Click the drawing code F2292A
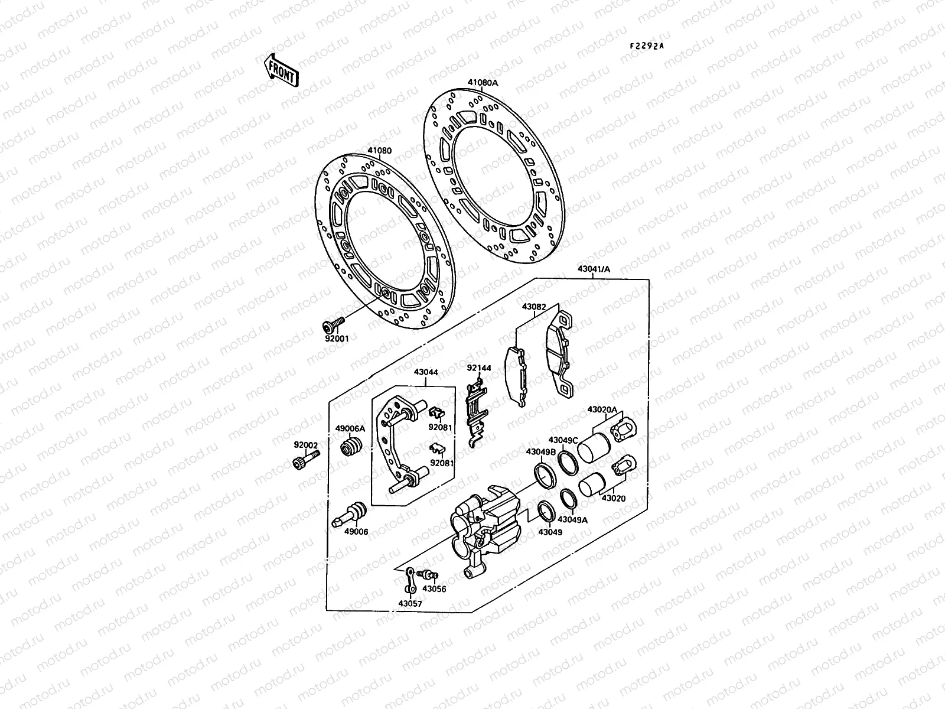[647, 45]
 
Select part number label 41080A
[483, 83]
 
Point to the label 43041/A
[594, 269]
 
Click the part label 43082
[533, 307]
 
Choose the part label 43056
[434, 589]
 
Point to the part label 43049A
[572, 520]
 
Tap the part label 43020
[613, 498]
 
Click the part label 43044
[426, 373]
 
